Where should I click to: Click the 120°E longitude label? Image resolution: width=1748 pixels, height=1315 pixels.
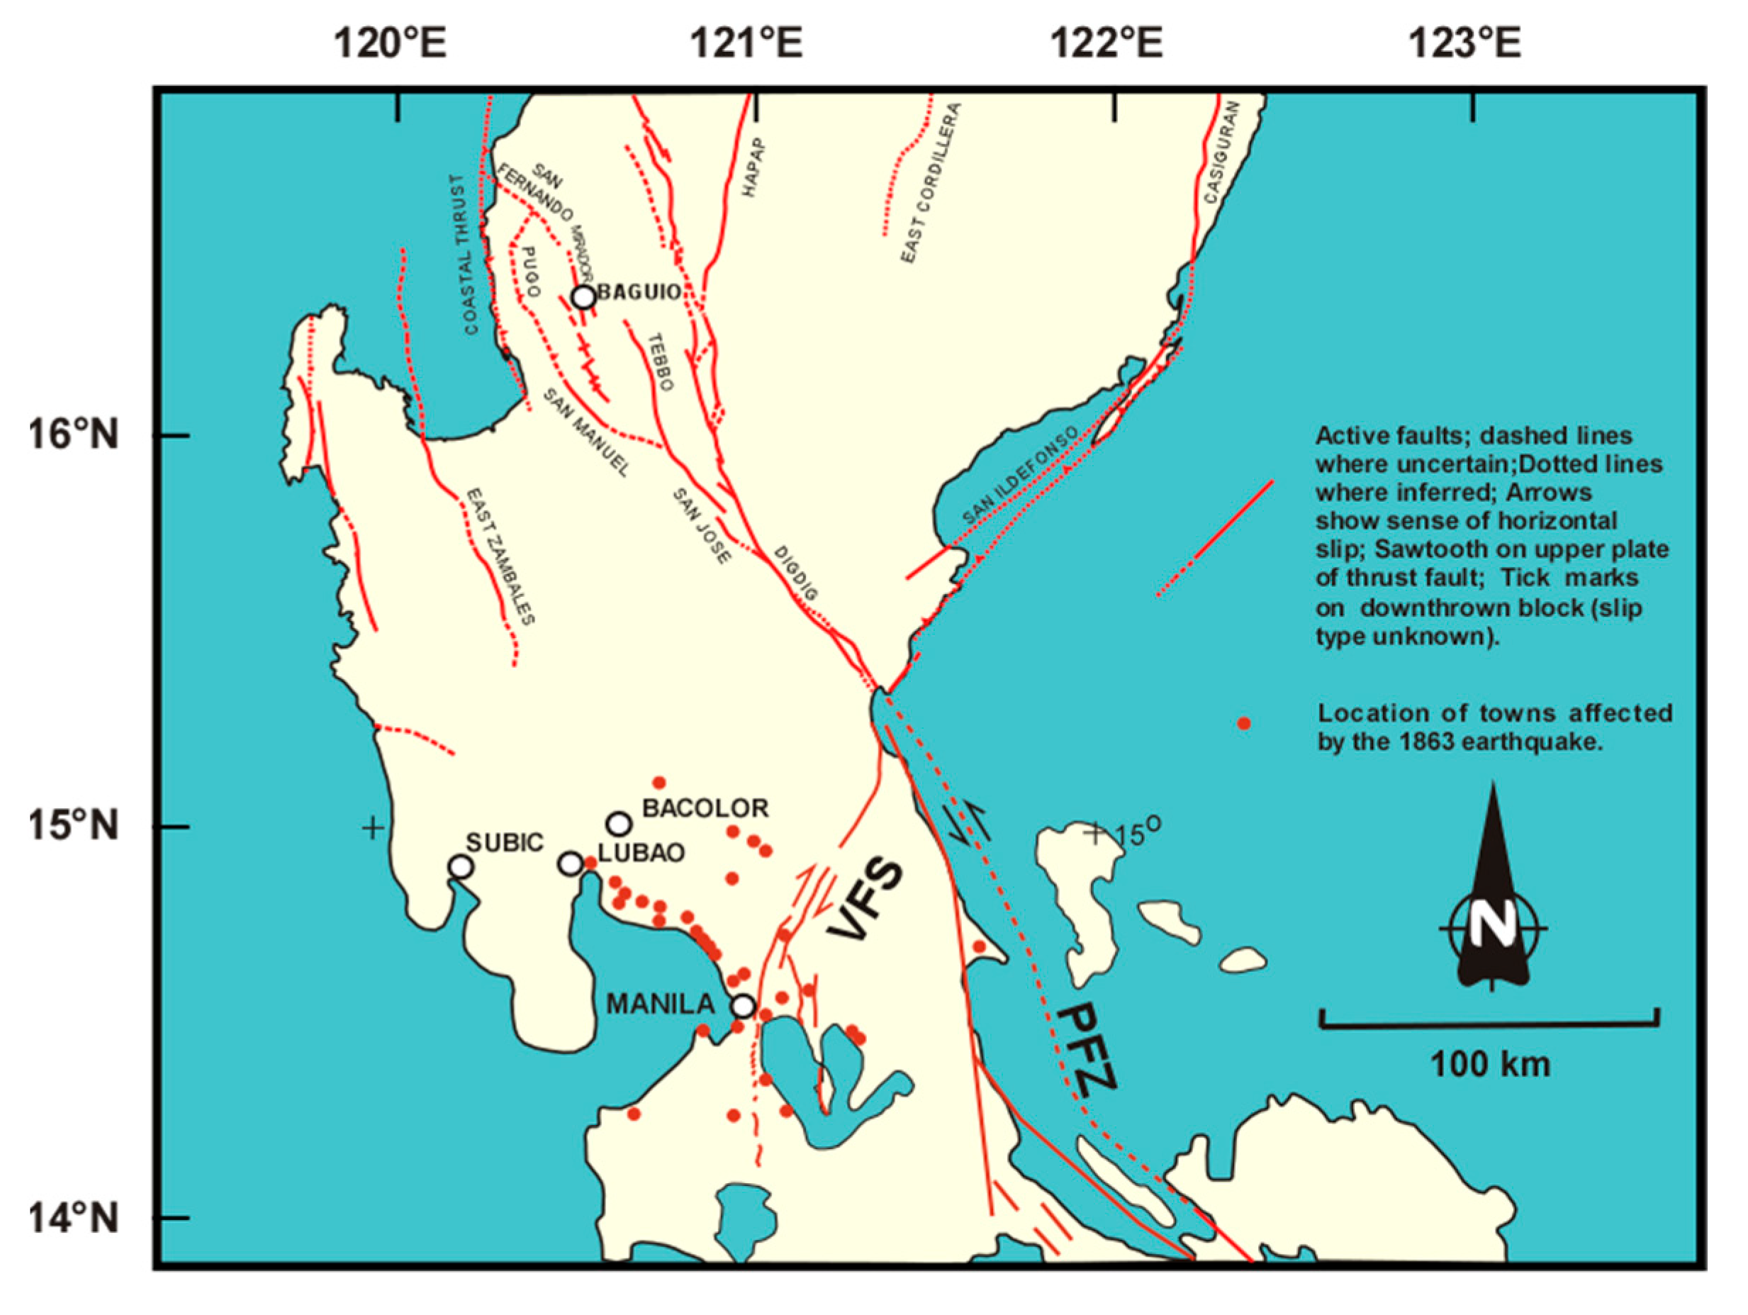tap(390, 43)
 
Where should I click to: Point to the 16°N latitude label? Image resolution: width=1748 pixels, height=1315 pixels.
tap(74, 434)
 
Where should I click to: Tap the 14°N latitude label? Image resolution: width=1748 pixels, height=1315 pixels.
tap(74, 1217)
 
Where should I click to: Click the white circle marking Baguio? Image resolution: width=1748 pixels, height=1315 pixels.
tap(583, 297)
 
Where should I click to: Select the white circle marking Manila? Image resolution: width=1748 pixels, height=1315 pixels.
tap(743, 1006)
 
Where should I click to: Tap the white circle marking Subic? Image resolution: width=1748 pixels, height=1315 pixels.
tap(461, 867)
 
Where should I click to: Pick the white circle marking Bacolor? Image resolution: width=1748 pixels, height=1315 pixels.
tap(620, 824)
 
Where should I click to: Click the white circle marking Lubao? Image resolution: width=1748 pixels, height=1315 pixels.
tap(571, 863)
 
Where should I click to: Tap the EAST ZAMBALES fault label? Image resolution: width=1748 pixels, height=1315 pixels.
tap(500, 557)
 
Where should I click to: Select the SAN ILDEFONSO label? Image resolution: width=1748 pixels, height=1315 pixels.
tap(1019, 476)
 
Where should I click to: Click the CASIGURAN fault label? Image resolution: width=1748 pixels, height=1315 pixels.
tap(1221, 152)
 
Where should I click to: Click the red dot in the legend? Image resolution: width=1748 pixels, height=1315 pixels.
tap(1244, 723)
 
